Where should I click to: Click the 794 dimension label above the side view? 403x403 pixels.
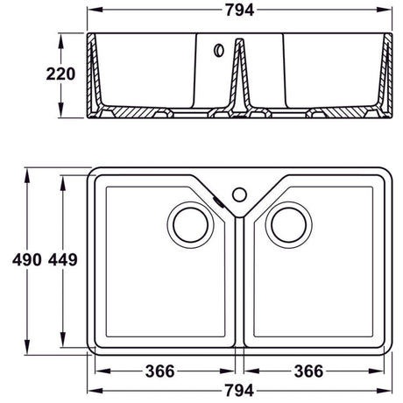pos(239,10)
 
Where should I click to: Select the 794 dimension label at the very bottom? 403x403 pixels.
pos(239,388)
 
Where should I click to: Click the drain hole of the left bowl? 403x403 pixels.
pos(193,223)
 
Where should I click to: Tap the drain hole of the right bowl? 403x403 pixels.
pos(290,223)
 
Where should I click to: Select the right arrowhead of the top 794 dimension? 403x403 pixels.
pos(390,11)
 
